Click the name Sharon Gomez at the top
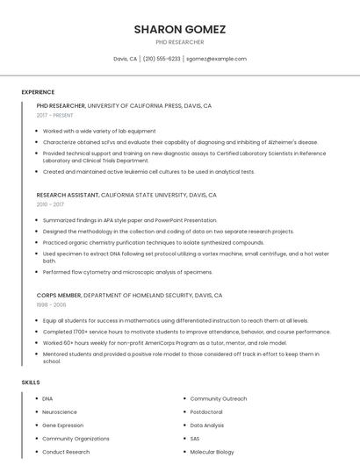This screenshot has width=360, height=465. [x=179, y=29]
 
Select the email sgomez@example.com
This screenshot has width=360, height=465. [x=216, y=59]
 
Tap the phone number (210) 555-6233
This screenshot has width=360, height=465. [x=162, y=59]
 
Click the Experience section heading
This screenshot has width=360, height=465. [x=38, y=92]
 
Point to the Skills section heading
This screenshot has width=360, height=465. [x=31, y=383]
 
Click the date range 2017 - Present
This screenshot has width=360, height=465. [x=54, y=115]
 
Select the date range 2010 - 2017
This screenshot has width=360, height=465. [x=50, y=204]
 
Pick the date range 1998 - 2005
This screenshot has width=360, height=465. [x=51, y=305]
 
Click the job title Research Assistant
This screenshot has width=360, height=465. [x=68, y=195]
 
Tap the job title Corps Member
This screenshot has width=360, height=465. [x=59, y=296]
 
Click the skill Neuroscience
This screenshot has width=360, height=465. [x=60, y=411]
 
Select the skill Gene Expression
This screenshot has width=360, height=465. [x=63, y=425]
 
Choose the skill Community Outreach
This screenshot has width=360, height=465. [x=219, y=398]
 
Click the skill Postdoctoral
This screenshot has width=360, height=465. [x=206, y=411]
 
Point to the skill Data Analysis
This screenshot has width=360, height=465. [x=207, y=425]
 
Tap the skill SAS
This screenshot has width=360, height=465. [x=195, y=438]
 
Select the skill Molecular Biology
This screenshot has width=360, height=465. [x=212, y=452]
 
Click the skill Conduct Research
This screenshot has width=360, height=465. [x=66, y=452]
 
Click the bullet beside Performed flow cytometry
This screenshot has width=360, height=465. [x=37, y=272]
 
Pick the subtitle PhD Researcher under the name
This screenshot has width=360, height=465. [x=179, y=42]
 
